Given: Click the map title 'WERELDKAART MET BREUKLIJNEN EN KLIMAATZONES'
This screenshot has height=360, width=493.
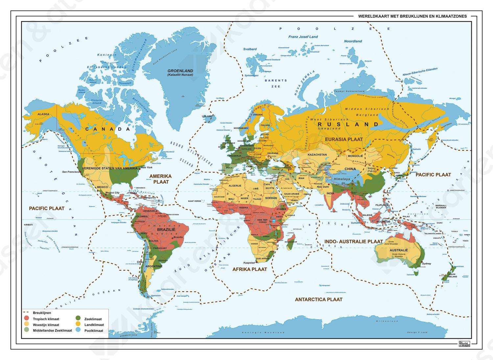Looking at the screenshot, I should click(412, 16).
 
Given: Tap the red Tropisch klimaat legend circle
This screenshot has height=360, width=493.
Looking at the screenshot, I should click(27, 319).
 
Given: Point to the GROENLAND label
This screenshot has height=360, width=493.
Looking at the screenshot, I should click(180, 71).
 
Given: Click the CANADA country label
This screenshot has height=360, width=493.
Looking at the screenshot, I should click(108, 129).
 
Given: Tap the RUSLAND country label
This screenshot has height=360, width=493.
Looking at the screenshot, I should click(348, 124).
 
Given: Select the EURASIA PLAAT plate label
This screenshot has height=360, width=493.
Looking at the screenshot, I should click(344, 139).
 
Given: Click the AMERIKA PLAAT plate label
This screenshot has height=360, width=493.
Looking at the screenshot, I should click(161, 179).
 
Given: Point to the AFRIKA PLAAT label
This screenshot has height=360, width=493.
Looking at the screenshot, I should click(249, 269).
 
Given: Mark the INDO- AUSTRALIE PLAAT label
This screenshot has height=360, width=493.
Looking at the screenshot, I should click(354, 241).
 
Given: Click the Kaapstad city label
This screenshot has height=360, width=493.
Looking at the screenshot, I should click(249, 263).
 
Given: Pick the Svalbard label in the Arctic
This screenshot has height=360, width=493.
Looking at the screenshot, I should click(250, 49).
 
